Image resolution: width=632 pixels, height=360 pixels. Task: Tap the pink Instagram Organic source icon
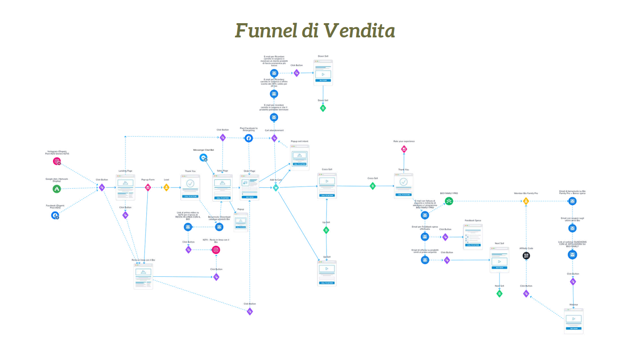pyautogui.click(x=57, y=162)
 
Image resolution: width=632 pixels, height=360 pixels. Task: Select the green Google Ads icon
pyautogui.click(x=57, y=189)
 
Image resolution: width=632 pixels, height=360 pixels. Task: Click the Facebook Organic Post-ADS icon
pyautogui.click(x=55, y=215)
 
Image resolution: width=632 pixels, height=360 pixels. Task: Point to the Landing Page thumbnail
pyautogui.click(x=125, y=187)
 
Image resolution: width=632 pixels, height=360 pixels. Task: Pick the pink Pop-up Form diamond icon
pyautogui.click(x=148, y=187)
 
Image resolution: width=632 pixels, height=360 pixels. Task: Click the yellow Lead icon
pyautogui.click(x=166, y=187)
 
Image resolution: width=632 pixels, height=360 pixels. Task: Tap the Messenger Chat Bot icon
pyautogui.click(x=203, y=158)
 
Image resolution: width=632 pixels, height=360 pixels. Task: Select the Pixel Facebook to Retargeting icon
pyautogui.click(x=249, y=138)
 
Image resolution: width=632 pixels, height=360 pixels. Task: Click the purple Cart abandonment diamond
pyautogui.click(x=274, y=138)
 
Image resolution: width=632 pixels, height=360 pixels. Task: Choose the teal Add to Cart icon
pyautogui.click(x=276, y=188)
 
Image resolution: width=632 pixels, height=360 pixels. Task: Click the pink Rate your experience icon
pyautogui.click(x=404, y=149)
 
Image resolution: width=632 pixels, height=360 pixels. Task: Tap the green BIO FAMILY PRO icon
pyautogui.click(x=449, y=201)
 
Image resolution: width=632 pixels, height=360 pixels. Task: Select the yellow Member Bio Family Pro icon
pyautogui.click(x=526, y=201)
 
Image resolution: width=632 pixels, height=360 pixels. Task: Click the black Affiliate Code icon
pyautogui.click(x=526, y=255)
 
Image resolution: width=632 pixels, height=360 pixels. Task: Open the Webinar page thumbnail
pyautogui.click(x=574, y=320)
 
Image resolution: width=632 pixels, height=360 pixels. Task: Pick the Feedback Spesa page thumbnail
pyautogui.click(x=473, y=236)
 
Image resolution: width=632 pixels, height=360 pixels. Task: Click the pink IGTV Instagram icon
pyautogui.click(x=216, y=250)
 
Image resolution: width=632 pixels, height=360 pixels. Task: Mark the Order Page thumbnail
pyautogui.click(x=250, y=187)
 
